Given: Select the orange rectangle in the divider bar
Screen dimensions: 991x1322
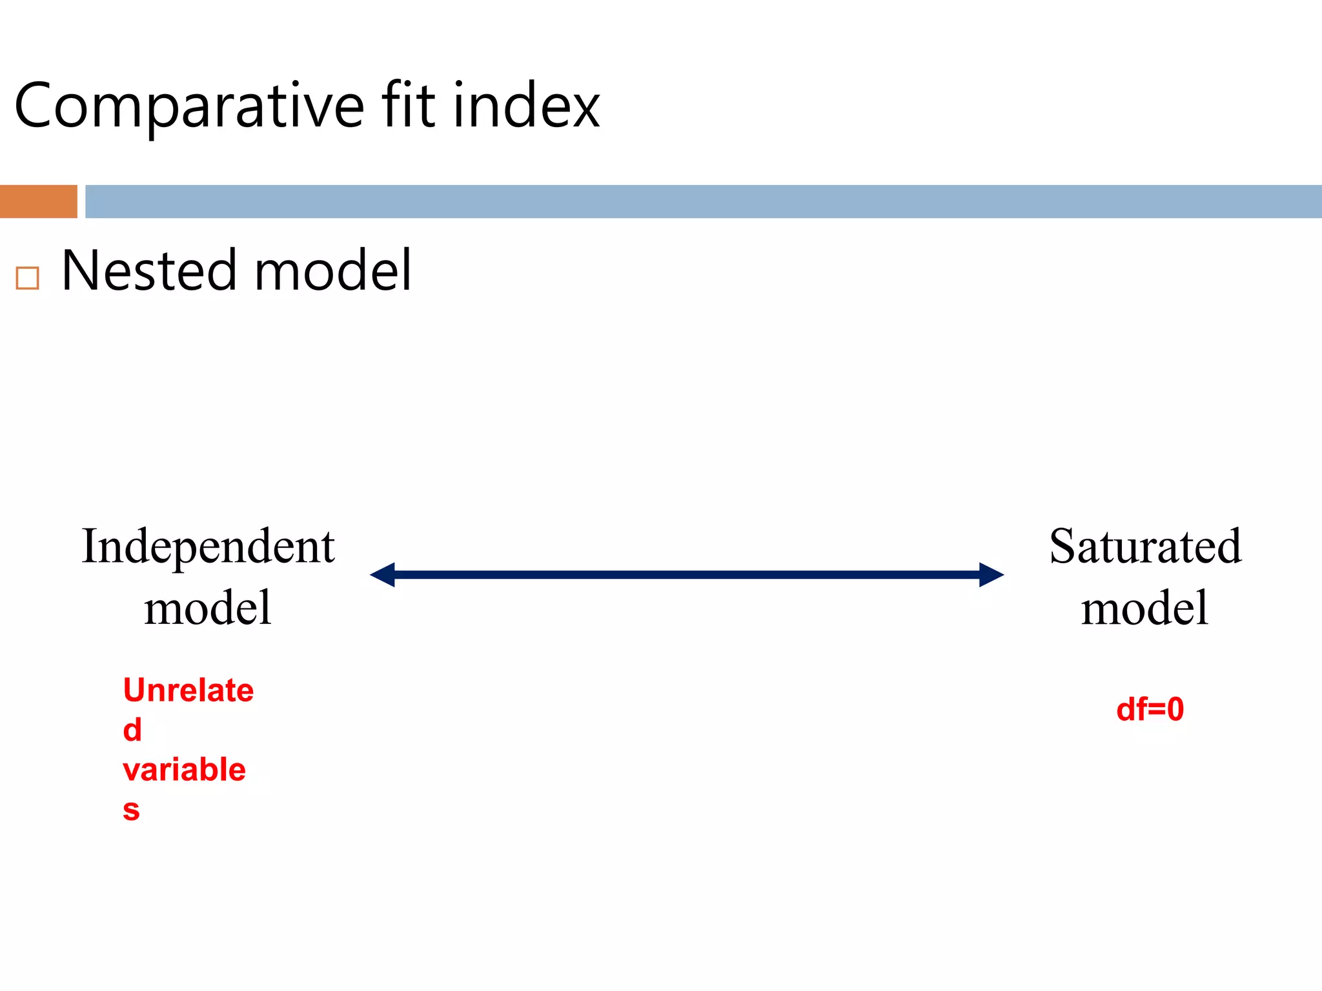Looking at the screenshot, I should [39, 201].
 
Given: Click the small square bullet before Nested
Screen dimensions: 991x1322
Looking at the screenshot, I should [28, 278].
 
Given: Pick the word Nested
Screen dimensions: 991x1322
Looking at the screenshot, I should [149, 270].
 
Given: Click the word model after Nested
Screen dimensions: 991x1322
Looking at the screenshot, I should [332, 270].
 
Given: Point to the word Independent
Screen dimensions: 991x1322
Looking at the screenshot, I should [208, 546].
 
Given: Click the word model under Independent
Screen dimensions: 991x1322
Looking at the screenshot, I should [208, 608].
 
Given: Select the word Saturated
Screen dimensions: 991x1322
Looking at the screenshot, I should [1145, 546].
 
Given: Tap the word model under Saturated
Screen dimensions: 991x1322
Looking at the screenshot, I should [1144, 608].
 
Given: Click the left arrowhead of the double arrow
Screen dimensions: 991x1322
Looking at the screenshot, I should [383, 574].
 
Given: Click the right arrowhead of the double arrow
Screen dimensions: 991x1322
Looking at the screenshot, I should [991, 574].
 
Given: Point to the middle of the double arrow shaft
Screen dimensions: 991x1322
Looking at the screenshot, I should [687, 574].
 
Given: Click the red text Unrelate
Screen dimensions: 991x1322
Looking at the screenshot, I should [188, 690].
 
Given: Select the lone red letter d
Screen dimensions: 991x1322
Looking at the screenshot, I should [132, 730].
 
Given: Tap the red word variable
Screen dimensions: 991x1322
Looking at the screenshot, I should [184, 770].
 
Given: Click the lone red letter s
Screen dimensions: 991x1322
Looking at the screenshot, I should [131, 810].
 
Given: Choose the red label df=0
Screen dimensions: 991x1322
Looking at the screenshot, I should [1150, 709].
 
